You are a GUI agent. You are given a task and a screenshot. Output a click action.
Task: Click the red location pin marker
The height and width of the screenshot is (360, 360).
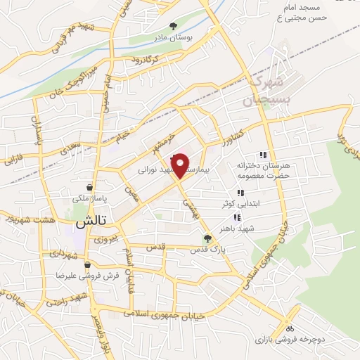coord(181,165)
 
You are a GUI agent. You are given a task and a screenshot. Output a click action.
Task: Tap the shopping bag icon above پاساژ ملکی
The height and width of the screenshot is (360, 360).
coord(89,188)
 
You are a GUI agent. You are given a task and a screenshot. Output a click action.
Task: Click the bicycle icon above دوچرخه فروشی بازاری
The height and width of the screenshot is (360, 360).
coord(289,328)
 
